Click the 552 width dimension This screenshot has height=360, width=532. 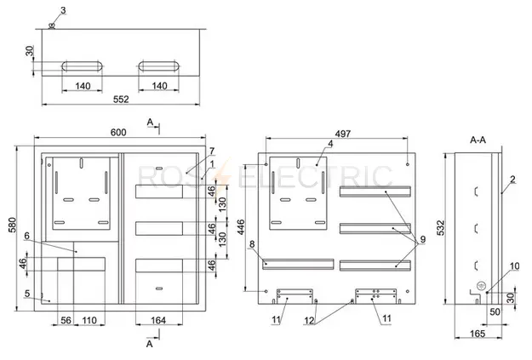point(121,100)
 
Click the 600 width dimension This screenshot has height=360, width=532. point(118,132)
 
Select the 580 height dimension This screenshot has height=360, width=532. point(12,225)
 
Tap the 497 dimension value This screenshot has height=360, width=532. point(343,134)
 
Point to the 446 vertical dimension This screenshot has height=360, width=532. point(241,227)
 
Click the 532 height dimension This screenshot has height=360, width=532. point(440,228)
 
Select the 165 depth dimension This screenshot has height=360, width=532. point(478,334)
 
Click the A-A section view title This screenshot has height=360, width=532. point(478,140)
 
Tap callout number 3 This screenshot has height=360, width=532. point(63,10)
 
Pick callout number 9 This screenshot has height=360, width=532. point(423,239)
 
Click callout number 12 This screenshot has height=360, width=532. point(309,320)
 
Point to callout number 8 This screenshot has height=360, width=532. point(252,244)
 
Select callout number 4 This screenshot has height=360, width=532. point(330,144)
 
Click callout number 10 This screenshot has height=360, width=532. point(514,266)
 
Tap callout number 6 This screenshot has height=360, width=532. point(27,236)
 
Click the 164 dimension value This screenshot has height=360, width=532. point(158,320)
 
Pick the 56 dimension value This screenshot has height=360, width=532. point(66,320)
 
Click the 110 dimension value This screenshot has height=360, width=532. point(89,320)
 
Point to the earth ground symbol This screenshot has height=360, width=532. point(480,285)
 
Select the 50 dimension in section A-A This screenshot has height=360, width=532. point(495,311)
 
